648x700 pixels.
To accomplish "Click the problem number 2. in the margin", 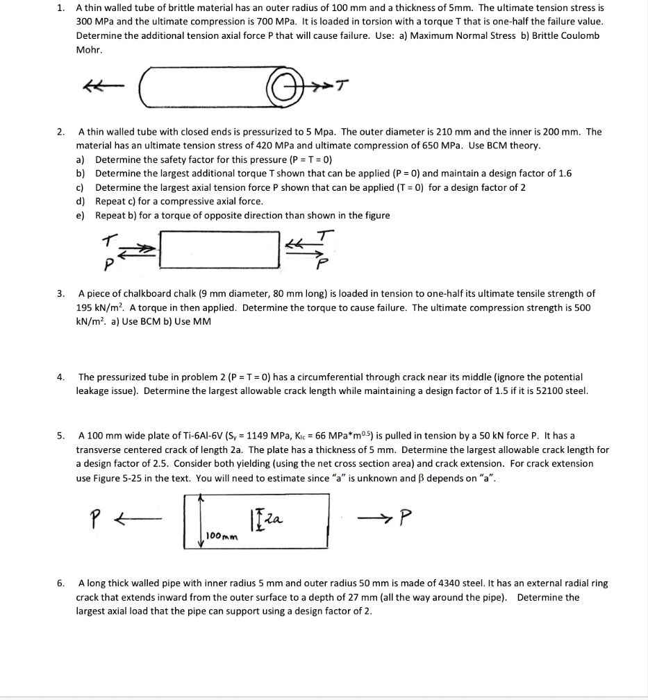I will (x=61, y=131).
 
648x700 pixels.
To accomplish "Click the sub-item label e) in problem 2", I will (x=81, y=215).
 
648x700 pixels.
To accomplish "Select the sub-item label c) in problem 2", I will (x=81, y=187).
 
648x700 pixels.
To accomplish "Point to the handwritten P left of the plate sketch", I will (x=97, y=517).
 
